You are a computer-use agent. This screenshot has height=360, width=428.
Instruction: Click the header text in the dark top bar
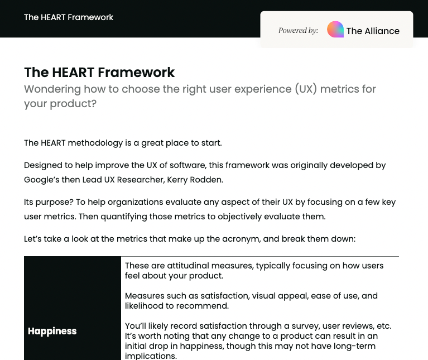[x=69, y=17]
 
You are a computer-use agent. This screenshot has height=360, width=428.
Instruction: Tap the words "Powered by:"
[x=298, y=31]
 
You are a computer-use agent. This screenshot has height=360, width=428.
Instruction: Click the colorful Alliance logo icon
[x=335, y=30]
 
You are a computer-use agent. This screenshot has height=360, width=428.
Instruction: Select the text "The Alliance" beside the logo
[x=373, y=31]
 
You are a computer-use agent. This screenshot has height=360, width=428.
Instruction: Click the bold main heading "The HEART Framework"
[x=99, y=73]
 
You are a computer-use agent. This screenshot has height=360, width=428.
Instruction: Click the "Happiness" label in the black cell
[x=52, y=332]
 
